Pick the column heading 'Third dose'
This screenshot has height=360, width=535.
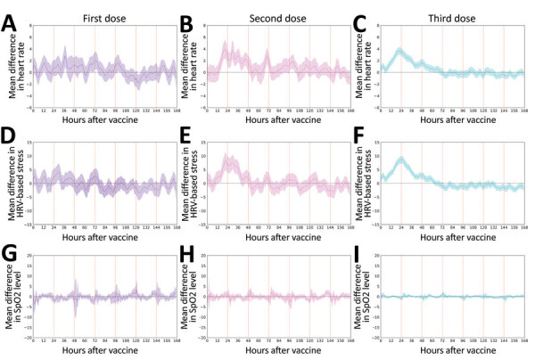pyautogui.click(x=440, y=9)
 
